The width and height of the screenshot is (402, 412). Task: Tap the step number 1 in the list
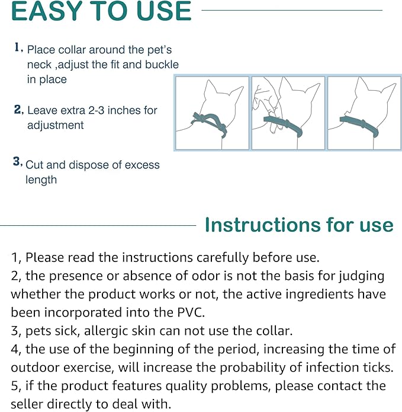pyautogui.click(x=18, y=47)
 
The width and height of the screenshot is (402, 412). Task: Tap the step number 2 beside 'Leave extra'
pyautogui.click(x=18, y=110)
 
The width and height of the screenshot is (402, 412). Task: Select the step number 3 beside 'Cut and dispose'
pyautogui.click(x=18, y=161)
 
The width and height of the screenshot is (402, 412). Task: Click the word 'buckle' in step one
pyautogui.click(x=160, y=65)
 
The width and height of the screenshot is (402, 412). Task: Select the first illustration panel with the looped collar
pyautogui.click(x=213, y=113)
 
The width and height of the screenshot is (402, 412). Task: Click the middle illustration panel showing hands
pyautogui.click(x=288, y=113)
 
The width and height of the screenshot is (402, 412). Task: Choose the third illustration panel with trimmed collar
pyautogui.click(x=364, y=113)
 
